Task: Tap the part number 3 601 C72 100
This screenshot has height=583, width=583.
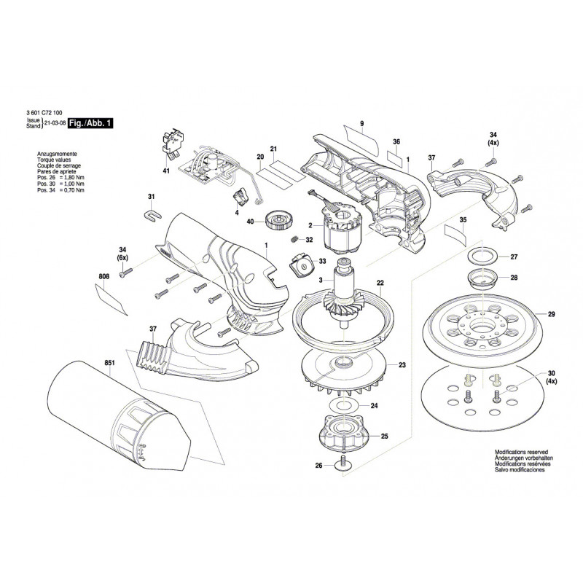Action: coord(43,114)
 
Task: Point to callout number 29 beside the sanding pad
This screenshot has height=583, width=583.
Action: coord(551,314)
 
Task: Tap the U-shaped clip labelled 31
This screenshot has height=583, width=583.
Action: coord(152,214)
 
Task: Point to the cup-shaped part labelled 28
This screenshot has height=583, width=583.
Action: coord(478,278)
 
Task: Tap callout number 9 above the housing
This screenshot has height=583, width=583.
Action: coord(360,122)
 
